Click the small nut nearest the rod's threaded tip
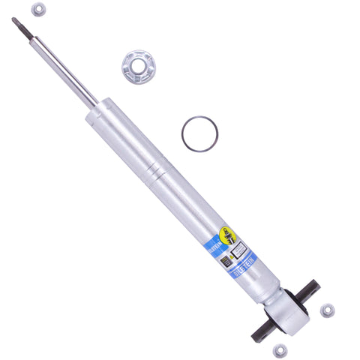click(38, 10)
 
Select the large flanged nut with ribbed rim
click(137, 67)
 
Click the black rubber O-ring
click(199, 133)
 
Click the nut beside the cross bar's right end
click(327, 309)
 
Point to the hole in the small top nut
click(38, 10)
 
